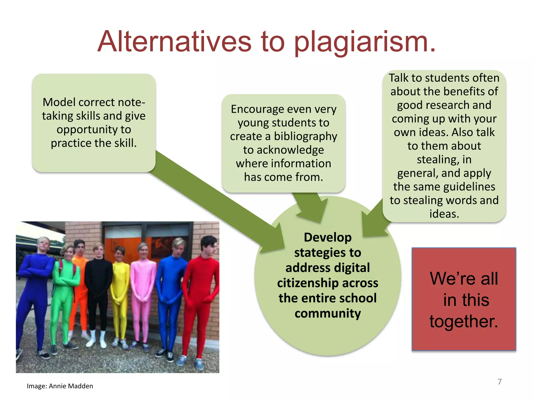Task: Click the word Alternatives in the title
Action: [x=174, y=42]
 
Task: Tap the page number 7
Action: [x=499, y=382]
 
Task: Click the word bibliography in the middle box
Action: [x=305, y=136]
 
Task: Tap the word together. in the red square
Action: [x=464, y=321]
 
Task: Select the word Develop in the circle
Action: [x=327, y=238]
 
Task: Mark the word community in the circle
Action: [x=327, y=313]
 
